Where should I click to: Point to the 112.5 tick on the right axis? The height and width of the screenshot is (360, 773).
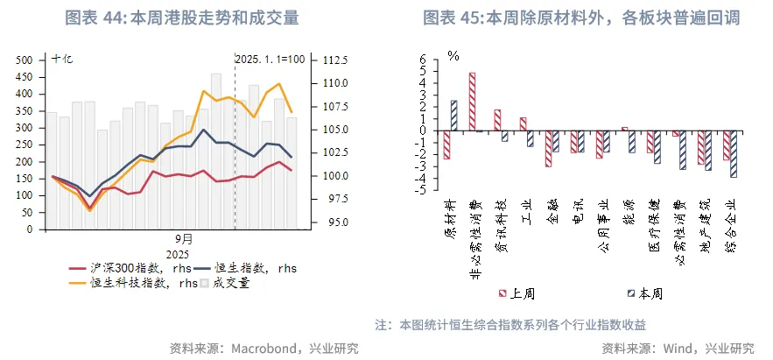[x=336, y=60]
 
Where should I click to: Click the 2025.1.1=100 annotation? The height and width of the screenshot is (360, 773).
[x=271, y=60]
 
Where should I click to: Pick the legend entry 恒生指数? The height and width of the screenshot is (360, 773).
[x=254, y=268]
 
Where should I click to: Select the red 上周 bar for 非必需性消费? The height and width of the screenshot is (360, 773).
[x=473, y=102]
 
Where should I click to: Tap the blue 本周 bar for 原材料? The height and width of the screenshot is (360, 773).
[x=453, y=116]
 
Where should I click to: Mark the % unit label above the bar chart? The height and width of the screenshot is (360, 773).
[x=453, y=56]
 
